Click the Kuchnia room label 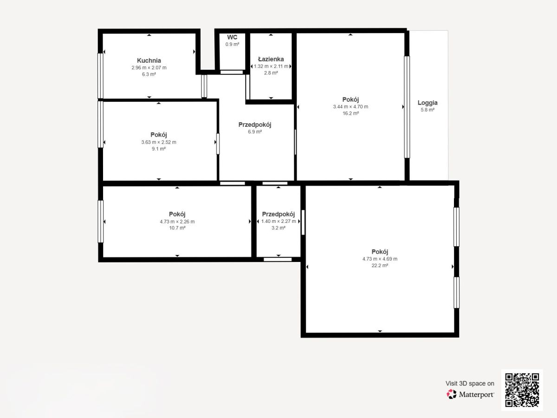coord(149,61)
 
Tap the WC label coord(232,37)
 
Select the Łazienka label coord(271,59)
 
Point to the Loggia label coord(427,103)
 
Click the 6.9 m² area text coord(255,132)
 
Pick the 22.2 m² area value coord(380,266)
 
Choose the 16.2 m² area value coord(351,113)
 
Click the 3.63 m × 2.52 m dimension coord(159,142)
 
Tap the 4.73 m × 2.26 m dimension coord(177,222)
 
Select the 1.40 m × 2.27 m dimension coord(278,222)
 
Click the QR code coord(522,390)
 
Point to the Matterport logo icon coord(452,394)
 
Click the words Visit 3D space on coord(470,384)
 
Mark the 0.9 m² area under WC coord(232,45)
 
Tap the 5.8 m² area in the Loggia coord(427,110)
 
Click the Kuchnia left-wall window coord(100,76)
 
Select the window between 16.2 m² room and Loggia coord(407,107)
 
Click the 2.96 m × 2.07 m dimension coord(149,68)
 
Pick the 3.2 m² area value coord(278,228)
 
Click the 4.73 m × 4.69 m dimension coord(380,259)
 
